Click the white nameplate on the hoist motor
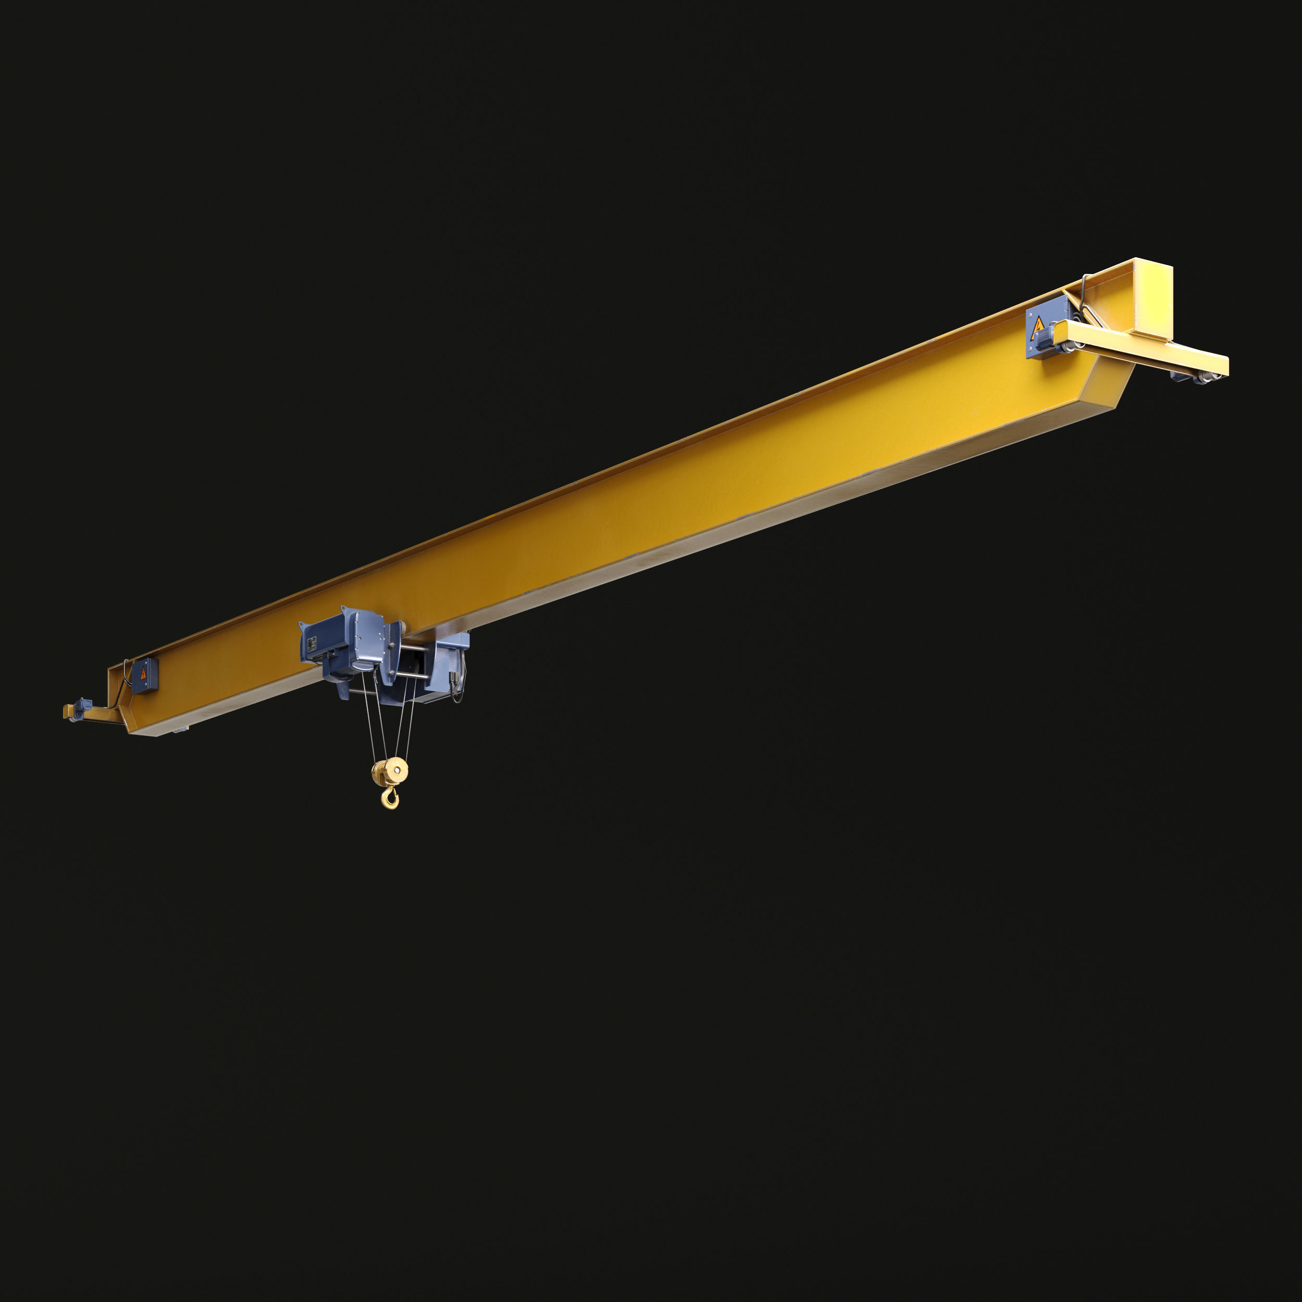[x=311, y=644]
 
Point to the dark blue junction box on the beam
[x=144, y=674]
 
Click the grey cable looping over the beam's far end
[x=1083, y=290]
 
